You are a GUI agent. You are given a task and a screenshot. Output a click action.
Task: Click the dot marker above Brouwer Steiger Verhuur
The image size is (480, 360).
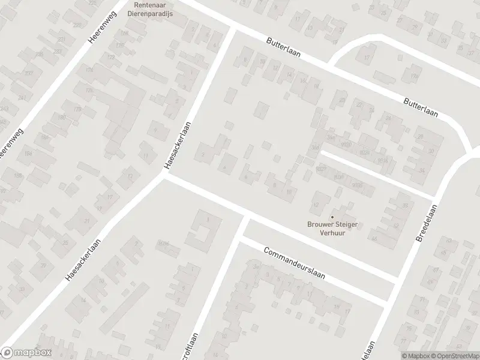(x=332, y=217)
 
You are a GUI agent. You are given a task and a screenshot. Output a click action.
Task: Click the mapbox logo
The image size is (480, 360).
(x=26, y=353)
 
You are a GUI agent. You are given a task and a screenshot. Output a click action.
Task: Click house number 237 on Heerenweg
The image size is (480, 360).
(x=29, y=73)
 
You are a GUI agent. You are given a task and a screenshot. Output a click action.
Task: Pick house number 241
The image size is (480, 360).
(x=22, y=98)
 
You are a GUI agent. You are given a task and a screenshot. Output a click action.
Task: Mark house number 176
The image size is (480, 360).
(x=89, y=91)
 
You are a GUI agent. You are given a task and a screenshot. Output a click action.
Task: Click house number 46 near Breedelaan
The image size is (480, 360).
(x=375, y=239)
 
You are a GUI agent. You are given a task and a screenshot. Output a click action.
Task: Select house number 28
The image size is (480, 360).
(x=420, y=137)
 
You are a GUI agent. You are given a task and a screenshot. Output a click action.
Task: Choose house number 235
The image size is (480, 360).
(x=40, y=55)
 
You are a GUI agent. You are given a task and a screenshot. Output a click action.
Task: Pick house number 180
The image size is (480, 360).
(x=62, y=117)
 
